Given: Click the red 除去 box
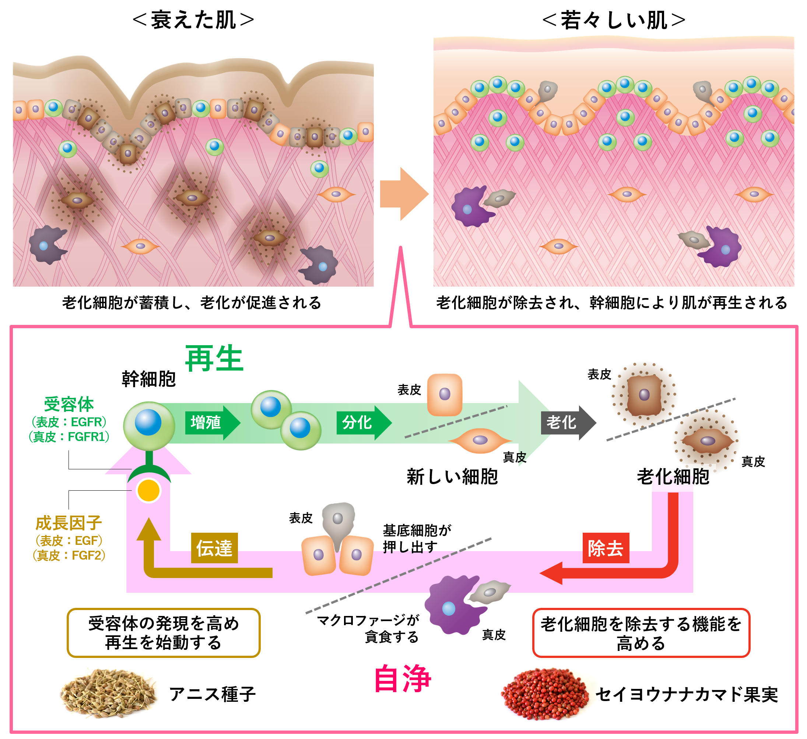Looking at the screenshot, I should coord(606,548).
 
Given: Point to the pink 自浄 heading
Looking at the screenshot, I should coord(402,679).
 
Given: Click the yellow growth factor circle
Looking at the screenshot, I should coord(148,491).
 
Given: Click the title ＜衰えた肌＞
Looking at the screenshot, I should coord(193,20).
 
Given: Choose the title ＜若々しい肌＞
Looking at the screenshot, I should coord(614,20).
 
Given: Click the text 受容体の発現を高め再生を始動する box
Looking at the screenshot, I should coord(163,633).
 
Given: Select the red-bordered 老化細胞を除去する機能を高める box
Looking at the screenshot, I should coord(641,633).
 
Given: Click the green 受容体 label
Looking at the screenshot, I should coord(69,404).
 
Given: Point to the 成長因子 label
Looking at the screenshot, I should coord(69,523).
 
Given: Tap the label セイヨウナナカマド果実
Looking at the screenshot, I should coord(687,694).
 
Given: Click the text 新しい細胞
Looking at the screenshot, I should coord(452,477).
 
